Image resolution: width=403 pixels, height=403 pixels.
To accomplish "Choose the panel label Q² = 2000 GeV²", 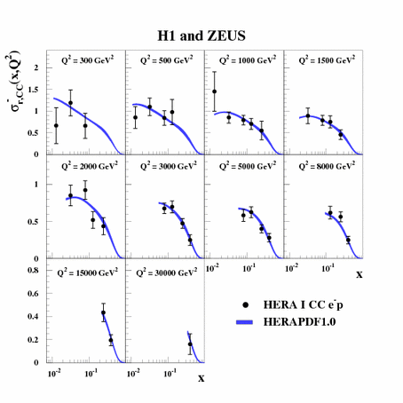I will (87, 164).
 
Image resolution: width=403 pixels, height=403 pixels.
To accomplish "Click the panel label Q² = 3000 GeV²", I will (166, 164).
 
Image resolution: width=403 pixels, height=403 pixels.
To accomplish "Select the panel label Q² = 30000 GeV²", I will (168, 268).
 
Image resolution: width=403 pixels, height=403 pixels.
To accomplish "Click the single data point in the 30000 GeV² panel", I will (190, 344).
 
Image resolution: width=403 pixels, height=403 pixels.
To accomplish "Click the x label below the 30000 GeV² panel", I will (201, 379).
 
